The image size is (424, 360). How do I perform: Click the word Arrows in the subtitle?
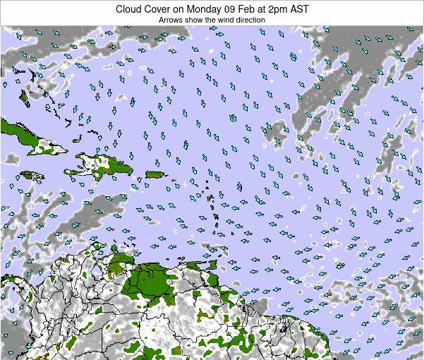pyautogui.click(x=170, y=20)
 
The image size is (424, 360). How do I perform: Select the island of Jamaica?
pyautogui.click(x=31, y=175)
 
